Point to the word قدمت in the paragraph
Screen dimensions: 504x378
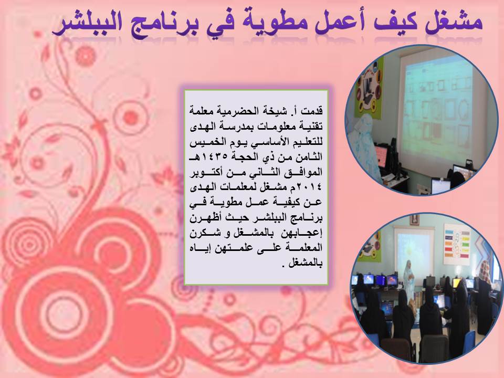313,111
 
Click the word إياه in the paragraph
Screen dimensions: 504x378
198,248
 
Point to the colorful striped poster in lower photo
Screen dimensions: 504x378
457,241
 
